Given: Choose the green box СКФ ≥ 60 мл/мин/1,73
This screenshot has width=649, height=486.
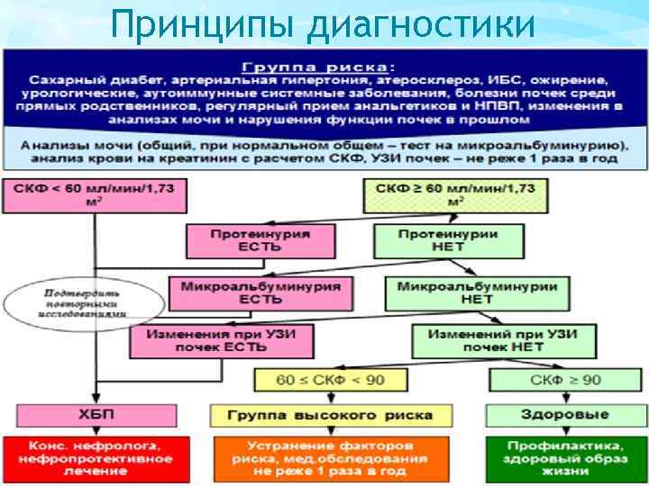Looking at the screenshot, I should click(x=454, y=195).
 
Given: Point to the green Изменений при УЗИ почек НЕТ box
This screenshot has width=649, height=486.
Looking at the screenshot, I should click(x=496, y=341).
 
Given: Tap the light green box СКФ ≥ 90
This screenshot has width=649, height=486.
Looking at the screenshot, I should click(x=565, y=380).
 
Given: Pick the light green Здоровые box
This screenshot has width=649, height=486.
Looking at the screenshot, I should click(x=564, y=415).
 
